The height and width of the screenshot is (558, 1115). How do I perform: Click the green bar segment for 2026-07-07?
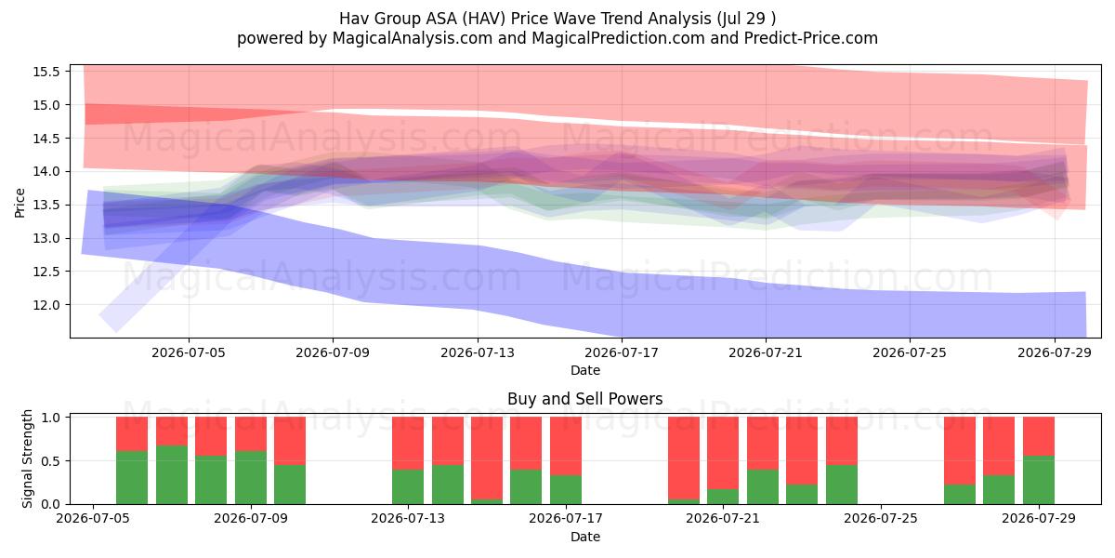pyautogui.click(x=172, y=475)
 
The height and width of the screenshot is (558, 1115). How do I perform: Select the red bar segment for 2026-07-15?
pyautogui.click(x=487, y=458)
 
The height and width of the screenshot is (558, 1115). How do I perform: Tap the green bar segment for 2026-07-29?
pyautogui.click(x=1039, y=480)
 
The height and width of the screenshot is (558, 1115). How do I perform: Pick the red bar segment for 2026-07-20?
pyautogui.click(x=684, y=458)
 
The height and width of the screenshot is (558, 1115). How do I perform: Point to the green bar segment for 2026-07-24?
pyautogui.click(x=842, y=485)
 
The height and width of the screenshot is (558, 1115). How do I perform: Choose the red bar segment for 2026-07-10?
pyautogui.click(x=290, y=441)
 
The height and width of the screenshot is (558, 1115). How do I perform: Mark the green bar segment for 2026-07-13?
pyautogui.click(x=408, y=486)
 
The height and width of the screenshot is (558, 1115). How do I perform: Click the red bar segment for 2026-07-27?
pyautogui.click(x=960, y=451)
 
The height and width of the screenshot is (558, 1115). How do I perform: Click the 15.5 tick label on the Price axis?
pyautogui.click(x=46, y=72)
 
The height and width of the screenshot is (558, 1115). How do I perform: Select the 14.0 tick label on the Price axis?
pyautogui.click(x=46, y=171)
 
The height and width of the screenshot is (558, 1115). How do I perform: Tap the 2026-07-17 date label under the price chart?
pyautogui.click(x=622, y=352)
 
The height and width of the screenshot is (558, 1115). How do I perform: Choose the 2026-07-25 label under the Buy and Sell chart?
pyautogui.click(x=881, y=518)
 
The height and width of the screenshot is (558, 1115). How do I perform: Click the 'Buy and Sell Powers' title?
pyautogui.click(x=584, y=399)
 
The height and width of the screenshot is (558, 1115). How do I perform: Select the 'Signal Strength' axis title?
pyautogui.click(x=27, y=458)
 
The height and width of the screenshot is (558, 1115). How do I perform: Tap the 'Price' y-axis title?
pyautogui.click(x=20, y=203)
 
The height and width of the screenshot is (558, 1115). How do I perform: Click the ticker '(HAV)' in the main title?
pyautogui.click(x=484, y=19)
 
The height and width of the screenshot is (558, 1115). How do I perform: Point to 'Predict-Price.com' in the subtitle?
pyautogui.click(x=811, y=38)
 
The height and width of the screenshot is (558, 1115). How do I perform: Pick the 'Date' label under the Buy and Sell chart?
pyautogui.click(x=585, y=537)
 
